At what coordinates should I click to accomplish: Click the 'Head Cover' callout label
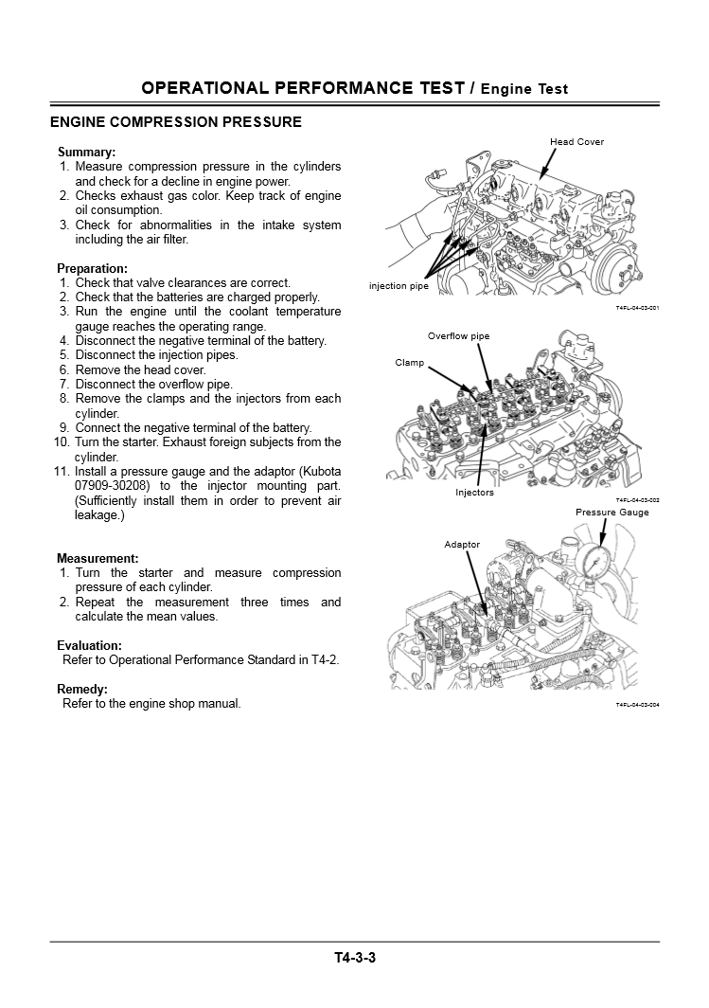click(576, 142)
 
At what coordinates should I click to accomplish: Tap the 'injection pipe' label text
click(399, 286)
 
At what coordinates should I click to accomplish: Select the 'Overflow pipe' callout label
click(458, 336)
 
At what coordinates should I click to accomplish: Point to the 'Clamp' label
click(409, 363)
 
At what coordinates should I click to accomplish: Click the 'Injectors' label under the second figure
click(474, 493)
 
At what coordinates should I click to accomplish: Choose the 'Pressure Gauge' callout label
click(612, 513)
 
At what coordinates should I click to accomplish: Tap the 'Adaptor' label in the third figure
click(462, 545)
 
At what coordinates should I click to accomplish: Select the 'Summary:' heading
click(86, 152)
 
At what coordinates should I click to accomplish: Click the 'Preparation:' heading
click(92, 268)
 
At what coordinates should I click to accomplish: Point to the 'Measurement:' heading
click(97, 558)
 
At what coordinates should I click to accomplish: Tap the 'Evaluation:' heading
click(89, 645)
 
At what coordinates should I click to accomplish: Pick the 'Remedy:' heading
click(82, 689)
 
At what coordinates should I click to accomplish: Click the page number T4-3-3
click(355, 957)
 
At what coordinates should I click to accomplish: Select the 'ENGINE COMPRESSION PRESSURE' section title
click(176, 122)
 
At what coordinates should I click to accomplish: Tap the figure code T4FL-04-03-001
click(637, 309)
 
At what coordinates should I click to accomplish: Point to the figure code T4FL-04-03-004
click(637, 705)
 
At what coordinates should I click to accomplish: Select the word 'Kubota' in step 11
click(322, 471)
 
